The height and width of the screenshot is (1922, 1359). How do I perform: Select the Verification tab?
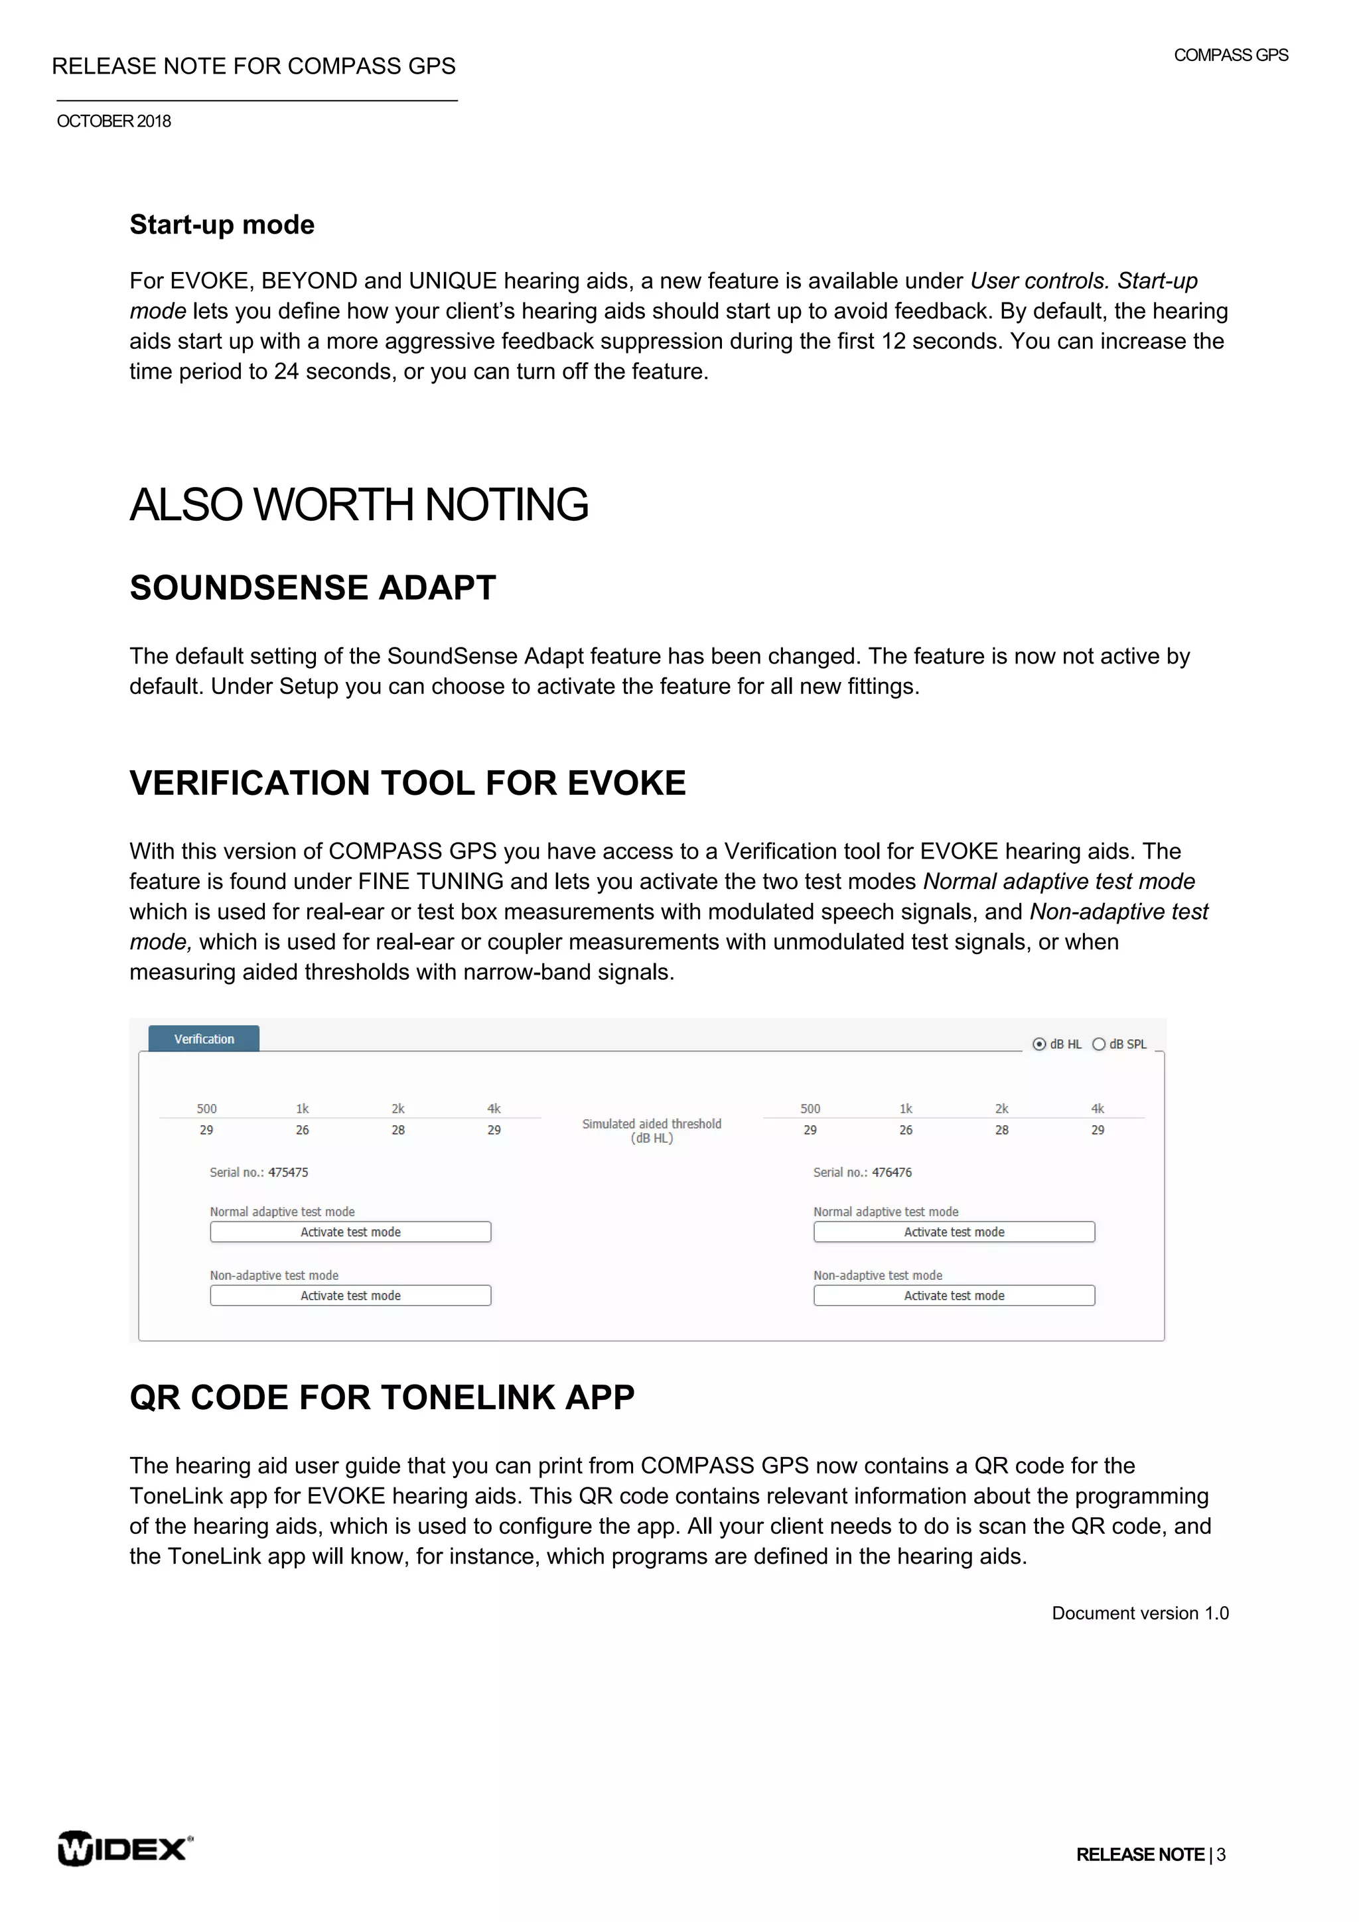pyautogui.click(x=204, y=1039)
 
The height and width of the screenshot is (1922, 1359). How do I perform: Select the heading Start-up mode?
pyautogui.click(x=222, y=224)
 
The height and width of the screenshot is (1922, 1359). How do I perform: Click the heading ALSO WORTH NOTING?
pyautogui.click(x=358, y=505)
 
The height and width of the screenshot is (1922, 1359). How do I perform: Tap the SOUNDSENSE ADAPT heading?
pyautogui.click(x=313, y=588)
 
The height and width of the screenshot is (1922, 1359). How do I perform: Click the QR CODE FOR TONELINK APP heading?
pyautogui.click(x=382, y=1397)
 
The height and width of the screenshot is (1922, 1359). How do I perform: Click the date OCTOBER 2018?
pyautogui.click(x=114, y=121)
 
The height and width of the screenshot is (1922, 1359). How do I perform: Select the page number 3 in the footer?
pyautogui.click(x=1221, y=1854)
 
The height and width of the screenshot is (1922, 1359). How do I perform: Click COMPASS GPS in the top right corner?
pyautogui.click(x=1230, y=55)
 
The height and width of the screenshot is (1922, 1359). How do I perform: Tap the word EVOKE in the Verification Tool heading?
pyautogui.click(x=626, y=783)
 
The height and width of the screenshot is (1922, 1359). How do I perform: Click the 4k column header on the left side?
pyautogui.click(x=494, y=1109)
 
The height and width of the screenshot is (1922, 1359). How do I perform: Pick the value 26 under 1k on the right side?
pyautogui.click(x=906, y=1130)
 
